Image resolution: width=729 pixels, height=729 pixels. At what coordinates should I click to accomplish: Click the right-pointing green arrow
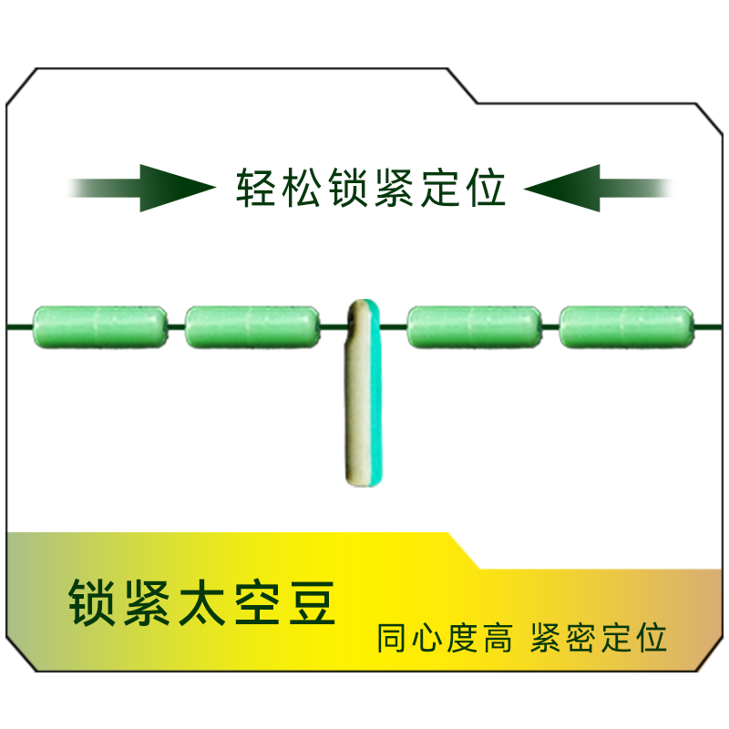pyautogui.click(x=146, y=188)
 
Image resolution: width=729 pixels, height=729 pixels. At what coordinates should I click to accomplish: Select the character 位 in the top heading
pyautogui.click(x=483, y=188)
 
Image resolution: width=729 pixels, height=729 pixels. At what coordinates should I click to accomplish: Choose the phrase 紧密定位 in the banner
pyautogui.click(x=599, y=638)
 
